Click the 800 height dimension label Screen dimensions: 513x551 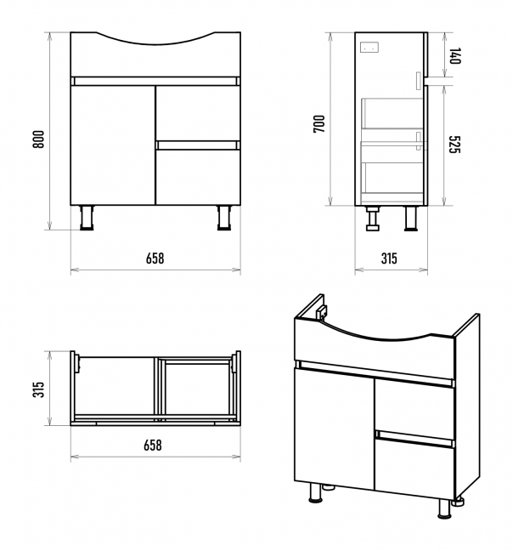pos(38,139)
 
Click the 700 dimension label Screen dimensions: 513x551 pos(319,123)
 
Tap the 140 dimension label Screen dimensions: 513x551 pos(454,55)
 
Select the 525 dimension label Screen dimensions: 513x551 pos(454,144)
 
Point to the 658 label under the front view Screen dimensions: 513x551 pos(155,258)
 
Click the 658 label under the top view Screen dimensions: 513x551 pos(153,446)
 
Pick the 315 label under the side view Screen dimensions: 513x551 pos(389,258)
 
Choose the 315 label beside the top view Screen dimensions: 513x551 pos(38,389)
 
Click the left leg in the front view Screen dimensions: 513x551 pos(87,218)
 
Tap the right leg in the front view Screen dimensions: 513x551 pos(224,218)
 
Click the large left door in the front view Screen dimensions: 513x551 pos(113,145)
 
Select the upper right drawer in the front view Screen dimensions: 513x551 pos(198,113)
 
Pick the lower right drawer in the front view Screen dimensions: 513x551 pos(198,178)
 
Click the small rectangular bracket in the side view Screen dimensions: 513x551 pos(369,47)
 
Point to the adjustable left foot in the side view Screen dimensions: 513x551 pos(373,219)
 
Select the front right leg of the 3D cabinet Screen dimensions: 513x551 pos(444,508)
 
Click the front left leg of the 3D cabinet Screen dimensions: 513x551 pos(316,492)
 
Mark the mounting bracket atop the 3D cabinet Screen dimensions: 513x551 pos(321,312)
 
